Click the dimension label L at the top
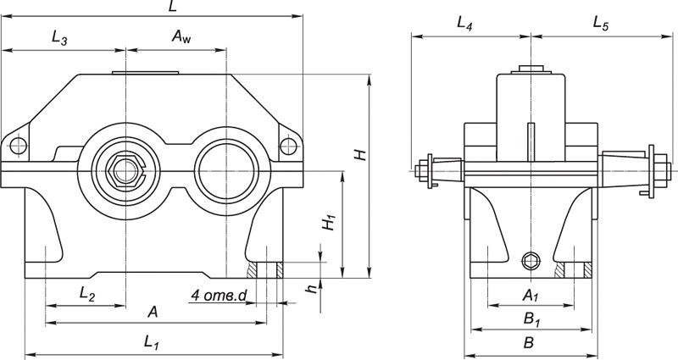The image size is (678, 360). click(x=173, y=6)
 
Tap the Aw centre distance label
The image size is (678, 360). click(x=181, y=36)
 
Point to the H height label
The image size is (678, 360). click(x=361, y=155)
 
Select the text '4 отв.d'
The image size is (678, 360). click(x=219, y=296)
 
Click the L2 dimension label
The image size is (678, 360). click(x=87, y=294)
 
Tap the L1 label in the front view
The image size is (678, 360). click(x=152, y=343)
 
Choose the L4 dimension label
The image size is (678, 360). click(x=464, y=24)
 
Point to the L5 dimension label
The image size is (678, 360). click(x=601, y=24)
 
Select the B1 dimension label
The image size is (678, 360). click(x=532, y=319)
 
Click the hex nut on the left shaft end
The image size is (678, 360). click(x=125, y=171)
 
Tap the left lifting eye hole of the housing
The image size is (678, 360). click(x=19, y=146)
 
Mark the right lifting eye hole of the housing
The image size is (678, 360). click(x=288, y=146)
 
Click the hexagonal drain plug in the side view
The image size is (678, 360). click(x=531, y=261)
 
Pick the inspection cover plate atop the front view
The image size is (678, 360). click(x=145, y=73)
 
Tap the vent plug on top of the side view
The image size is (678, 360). click(x=531, y=69)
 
